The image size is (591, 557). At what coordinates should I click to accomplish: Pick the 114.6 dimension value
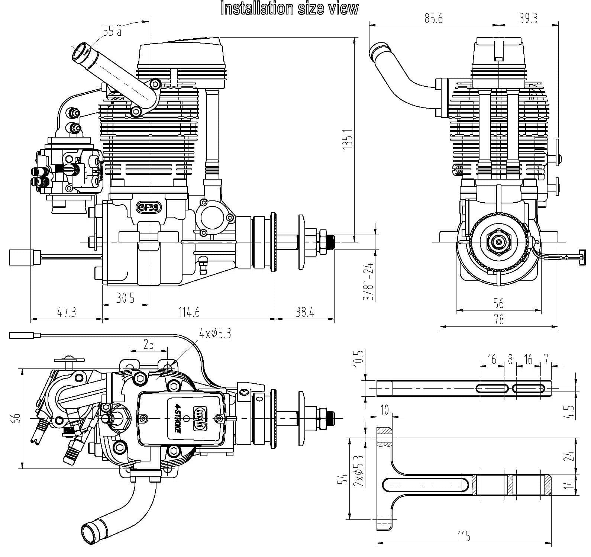tap(190, 312)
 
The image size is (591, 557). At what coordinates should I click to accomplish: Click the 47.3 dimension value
tap(67, 312)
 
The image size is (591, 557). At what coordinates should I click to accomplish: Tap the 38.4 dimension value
tap(305, 313)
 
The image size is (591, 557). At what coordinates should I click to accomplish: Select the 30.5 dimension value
tap(125, 298)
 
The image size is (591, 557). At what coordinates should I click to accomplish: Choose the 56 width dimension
tap(498, 303)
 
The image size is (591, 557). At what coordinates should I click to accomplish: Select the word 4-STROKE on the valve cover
tap(178, 418)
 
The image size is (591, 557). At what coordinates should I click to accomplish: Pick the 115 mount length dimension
tap(464, 536)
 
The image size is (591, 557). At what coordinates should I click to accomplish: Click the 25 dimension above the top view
tap(148, 344)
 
